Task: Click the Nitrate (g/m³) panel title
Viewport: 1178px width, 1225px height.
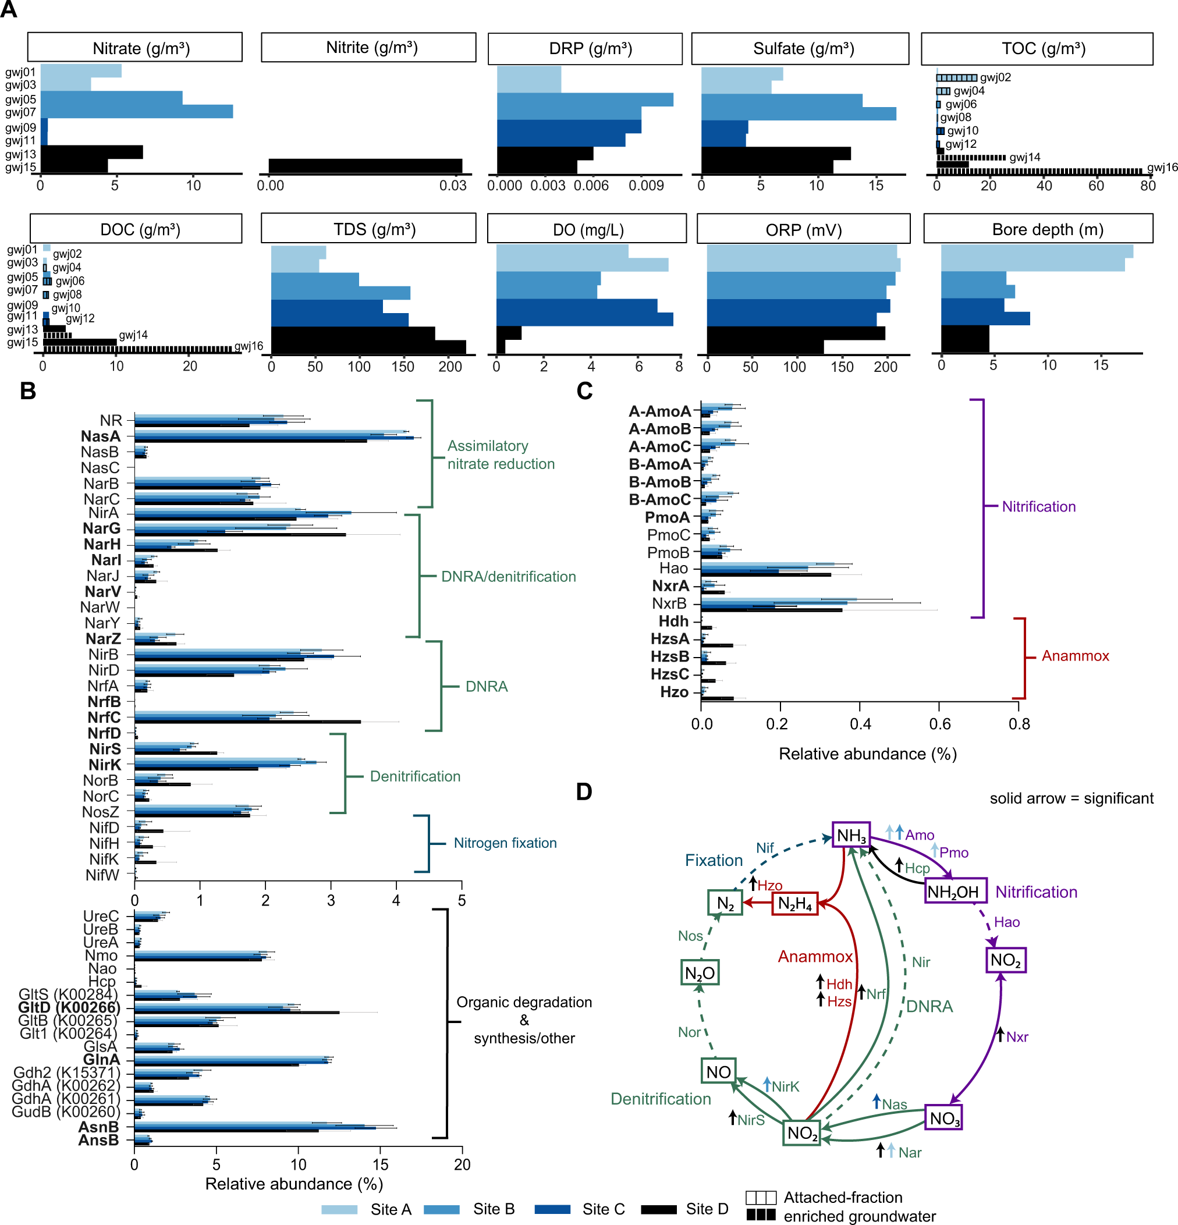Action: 141,48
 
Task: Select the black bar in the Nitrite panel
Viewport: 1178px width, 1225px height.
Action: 365,166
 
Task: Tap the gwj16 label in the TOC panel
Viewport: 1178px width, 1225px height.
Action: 1162,167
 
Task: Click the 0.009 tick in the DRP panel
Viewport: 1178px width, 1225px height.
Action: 645,186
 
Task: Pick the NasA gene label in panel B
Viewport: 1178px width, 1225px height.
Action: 101,436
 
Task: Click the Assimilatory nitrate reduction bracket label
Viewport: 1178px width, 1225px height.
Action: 500,455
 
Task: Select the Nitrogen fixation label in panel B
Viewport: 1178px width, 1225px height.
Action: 505,843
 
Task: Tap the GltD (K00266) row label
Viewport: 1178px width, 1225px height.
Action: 69,1007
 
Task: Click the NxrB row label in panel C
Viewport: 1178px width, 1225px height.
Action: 669,603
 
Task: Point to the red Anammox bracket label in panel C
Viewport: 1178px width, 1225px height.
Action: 1075,656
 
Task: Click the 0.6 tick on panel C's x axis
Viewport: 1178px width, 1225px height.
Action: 939,724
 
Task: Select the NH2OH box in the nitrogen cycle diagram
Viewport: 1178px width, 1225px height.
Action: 955,891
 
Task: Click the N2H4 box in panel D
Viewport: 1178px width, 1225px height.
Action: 794,903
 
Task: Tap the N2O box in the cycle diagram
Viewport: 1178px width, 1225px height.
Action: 700,973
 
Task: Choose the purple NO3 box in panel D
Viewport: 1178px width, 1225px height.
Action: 943,1118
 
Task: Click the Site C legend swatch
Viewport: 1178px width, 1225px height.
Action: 552,1209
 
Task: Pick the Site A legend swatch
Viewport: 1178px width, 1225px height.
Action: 339,1209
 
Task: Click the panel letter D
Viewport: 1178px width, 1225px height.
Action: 584,792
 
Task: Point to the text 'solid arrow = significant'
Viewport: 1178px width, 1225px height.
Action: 1071,798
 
